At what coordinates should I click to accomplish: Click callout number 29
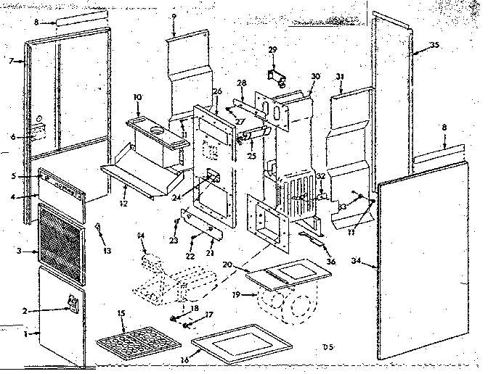click(x=273, y=49)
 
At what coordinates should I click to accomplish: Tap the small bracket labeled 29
click(x=275, y=73)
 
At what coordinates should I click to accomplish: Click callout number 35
click(x=434, y=45)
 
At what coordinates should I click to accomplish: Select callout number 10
click(x=137, y=96)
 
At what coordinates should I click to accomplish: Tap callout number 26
click(x=216, y=91)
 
